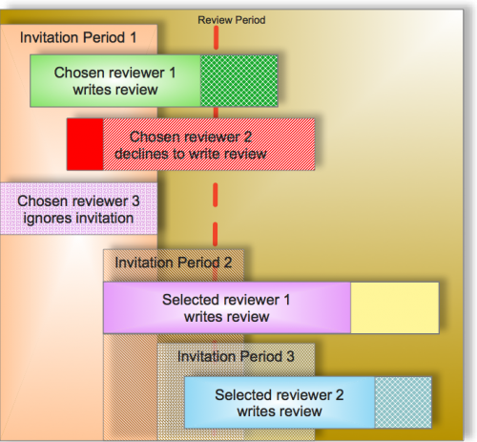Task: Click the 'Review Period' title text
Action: coord(232,20)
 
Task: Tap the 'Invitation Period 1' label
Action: coord(78,37)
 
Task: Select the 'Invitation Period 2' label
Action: coord(174,263)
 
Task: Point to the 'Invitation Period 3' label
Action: coord(236,356)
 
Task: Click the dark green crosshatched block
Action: coord(239,81)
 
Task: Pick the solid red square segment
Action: coord(85,144)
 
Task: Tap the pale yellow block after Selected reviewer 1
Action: coord(395,308)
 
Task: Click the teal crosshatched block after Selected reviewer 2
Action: coord(404,403)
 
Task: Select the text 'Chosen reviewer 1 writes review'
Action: coord(115,81)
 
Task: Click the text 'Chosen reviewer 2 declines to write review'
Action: coord(191,145)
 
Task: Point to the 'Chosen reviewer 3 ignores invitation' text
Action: coord(78,210)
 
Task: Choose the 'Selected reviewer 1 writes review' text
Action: coord(226,308)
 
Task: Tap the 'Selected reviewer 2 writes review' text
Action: coord(280,403)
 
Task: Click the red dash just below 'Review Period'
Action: coord(217,37)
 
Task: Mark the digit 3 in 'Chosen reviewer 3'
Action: coord(135,201)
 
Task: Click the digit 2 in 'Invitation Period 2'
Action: coord(228,263)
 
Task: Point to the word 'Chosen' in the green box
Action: coord(75,73)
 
